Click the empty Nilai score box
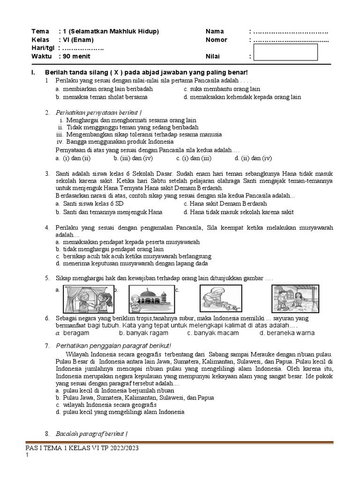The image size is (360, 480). (285, 52)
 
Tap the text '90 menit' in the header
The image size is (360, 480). (75, 57)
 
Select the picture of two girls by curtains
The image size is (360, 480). (89, 298)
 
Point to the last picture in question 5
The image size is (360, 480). (289, 298)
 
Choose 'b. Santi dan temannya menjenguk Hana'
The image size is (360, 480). (109, 212)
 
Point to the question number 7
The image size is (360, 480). (47, 345)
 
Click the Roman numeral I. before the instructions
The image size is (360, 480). (33, 72)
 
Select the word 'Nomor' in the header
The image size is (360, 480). (216, 40)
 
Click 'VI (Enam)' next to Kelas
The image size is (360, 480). (77, 40)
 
